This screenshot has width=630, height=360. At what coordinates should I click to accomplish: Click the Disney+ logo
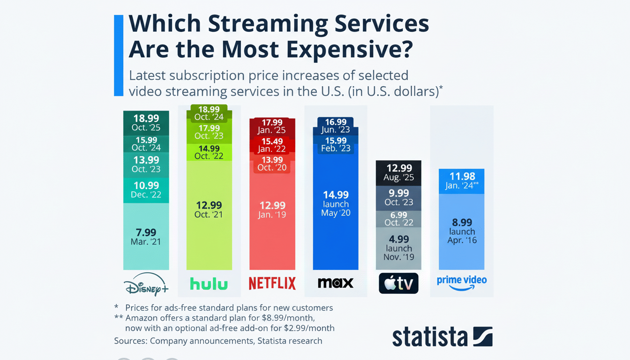(x=146, y=284)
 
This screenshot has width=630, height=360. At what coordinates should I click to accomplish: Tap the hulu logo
(x=209, y=284)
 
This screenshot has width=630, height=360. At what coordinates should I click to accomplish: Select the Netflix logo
(x=272, y=283)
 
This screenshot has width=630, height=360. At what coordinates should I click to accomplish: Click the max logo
(x=335, y=283)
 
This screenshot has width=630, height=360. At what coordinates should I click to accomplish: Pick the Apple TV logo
(x=398, y=283)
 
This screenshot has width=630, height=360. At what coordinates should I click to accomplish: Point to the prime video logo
(x=462, y=283)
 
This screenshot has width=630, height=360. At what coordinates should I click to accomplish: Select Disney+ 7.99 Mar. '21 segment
(x=146, y=237)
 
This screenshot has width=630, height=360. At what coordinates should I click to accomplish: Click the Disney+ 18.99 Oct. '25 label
(x=146, y=123)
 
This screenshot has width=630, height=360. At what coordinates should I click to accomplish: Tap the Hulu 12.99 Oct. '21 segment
(x=209, y=210)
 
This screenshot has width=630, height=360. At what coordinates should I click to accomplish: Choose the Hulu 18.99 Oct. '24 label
(x=209, y=113)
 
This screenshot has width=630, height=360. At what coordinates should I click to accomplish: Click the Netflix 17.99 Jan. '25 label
(x=272, y=126)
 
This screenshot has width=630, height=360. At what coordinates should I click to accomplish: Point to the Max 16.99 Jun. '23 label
(x=335, y=126)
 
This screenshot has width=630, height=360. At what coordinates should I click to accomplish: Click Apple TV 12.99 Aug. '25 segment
(x=398, y=172)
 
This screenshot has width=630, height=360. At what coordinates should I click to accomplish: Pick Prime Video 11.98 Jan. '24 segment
(x=462, y=181)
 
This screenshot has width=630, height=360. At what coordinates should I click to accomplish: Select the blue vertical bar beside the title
(x=119, y=55)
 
